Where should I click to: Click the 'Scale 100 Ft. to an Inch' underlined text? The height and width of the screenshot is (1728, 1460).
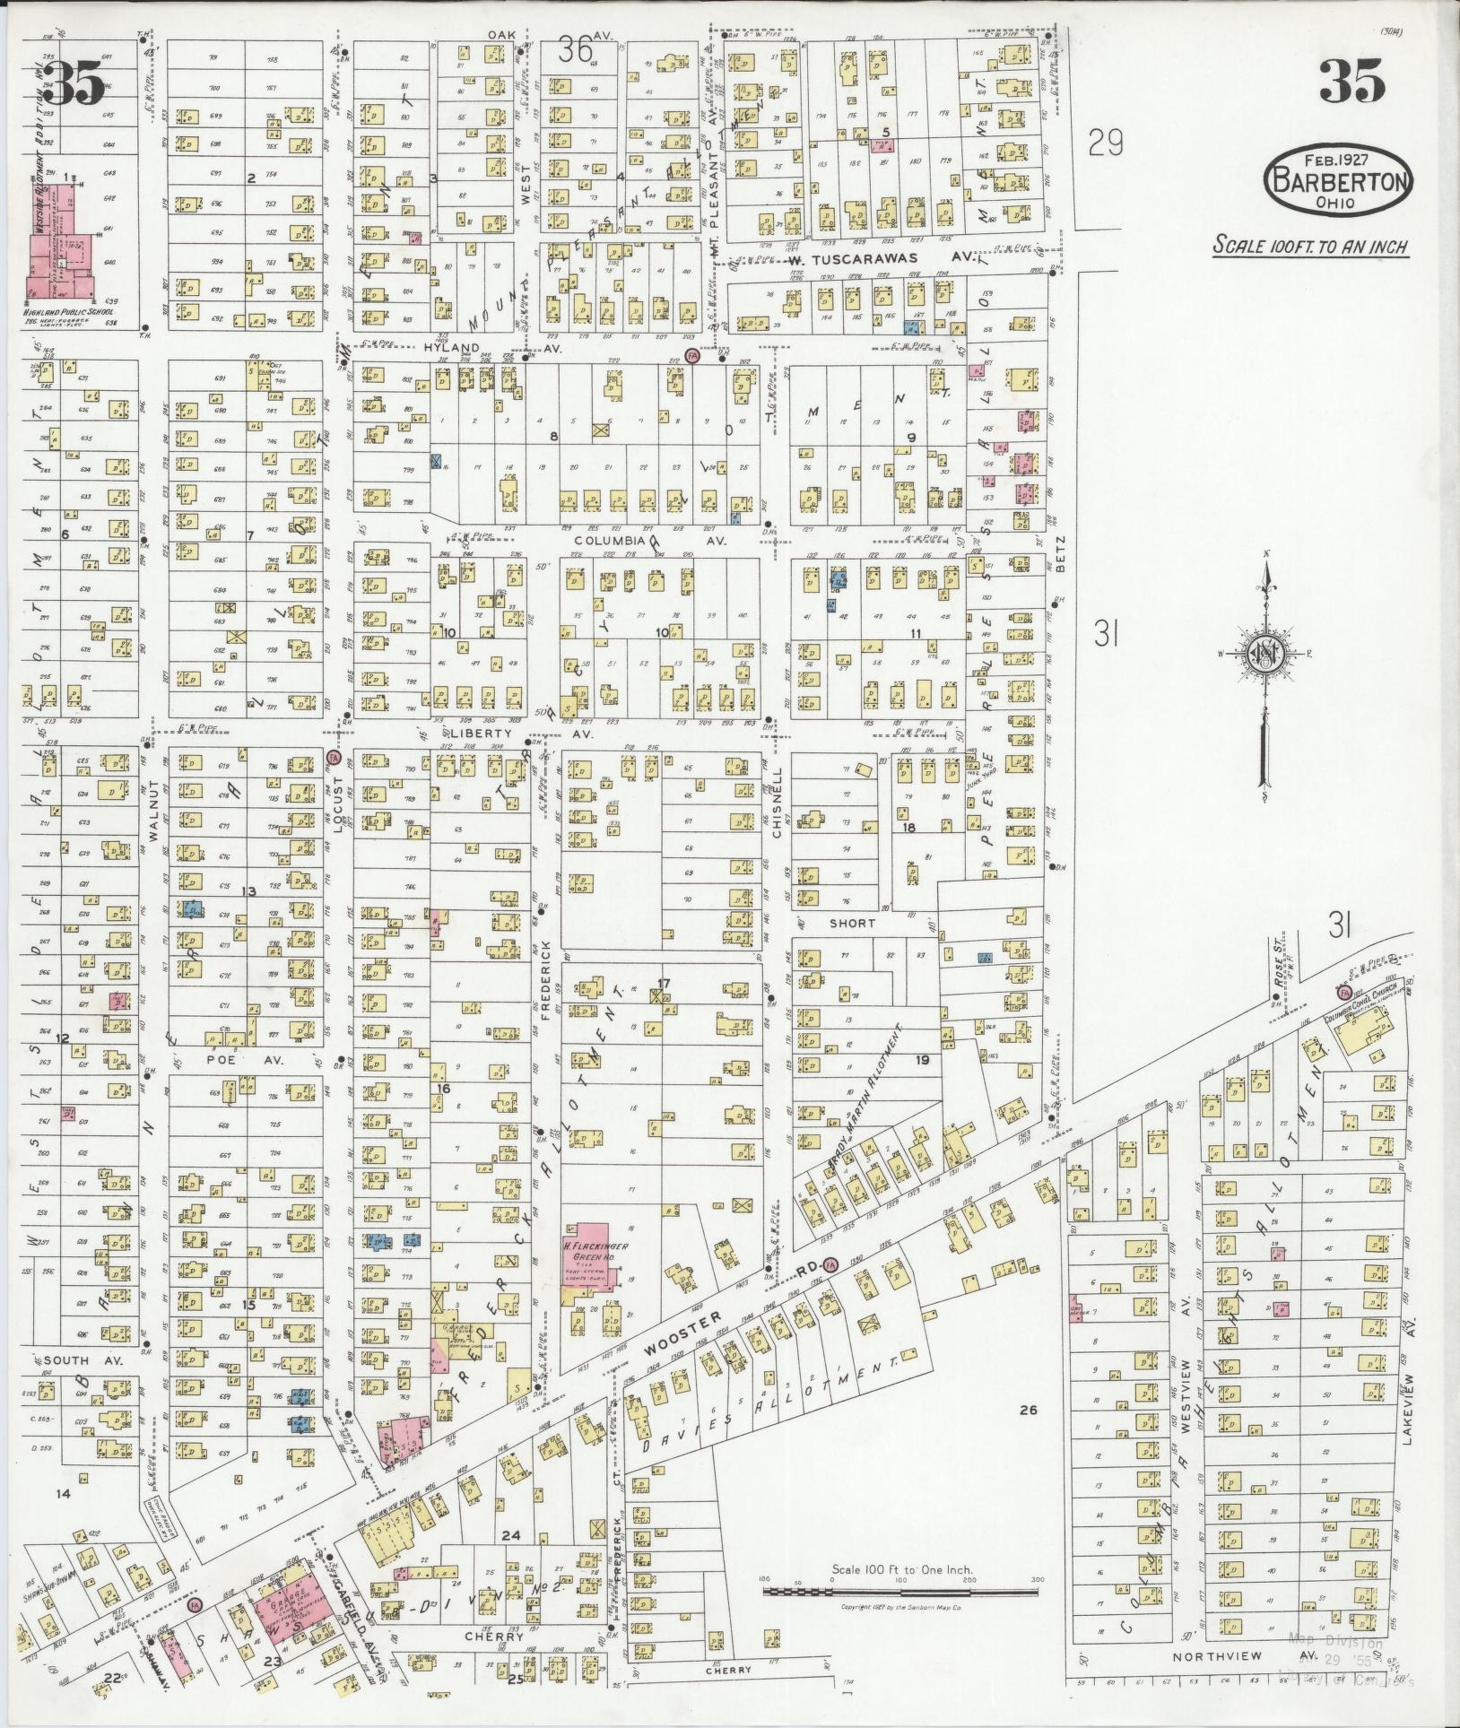(x=1310, y=246)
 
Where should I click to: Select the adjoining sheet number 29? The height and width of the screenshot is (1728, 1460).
(x=1105, y=142)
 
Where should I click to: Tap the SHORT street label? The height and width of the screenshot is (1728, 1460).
(x=851, y=923)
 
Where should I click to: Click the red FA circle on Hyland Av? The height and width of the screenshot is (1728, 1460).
(x=691, y=356)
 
